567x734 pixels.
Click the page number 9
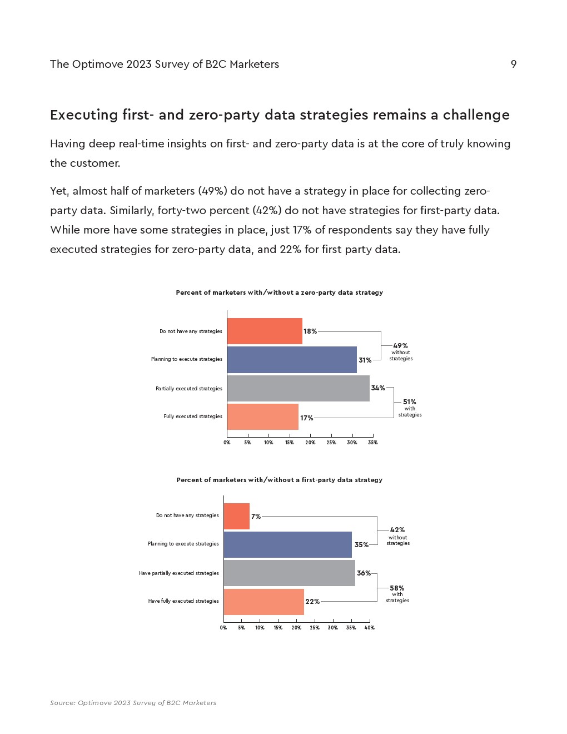[514, 64]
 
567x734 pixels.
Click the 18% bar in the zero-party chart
[265, 331]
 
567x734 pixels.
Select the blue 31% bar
[292, 360]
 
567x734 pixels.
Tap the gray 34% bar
[298, 388]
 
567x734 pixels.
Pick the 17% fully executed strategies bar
[263, 417]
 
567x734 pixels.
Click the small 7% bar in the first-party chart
[237, 517]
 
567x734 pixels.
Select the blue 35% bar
[287, 545]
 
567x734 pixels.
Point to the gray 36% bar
[289, 573]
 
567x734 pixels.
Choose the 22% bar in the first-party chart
[263, 602]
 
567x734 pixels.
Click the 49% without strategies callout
[400, 351]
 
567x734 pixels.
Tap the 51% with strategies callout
[410, 408]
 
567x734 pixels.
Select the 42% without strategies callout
[397, 536]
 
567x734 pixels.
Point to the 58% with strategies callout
[397, 594]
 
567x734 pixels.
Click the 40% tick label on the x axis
[369, 628]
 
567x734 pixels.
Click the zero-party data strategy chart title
[279, 292]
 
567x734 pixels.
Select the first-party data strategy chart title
[279, 480]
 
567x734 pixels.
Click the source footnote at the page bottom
[133, 703]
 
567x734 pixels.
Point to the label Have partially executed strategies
[178, 573]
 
